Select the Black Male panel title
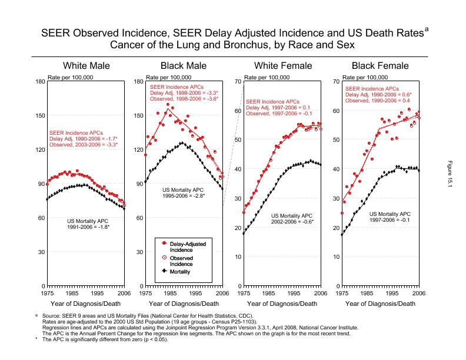pyautogui.click(x=184, y=66)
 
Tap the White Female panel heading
pyautogui.click(x=282, y=66)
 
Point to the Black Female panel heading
pyautogui.click(x=381, y=66)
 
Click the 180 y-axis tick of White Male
pyautogui.click(x=40, y=81)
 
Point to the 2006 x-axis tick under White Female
pyautogui.click(x=320, y=292)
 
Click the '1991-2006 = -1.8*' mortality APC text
pyautogui.click(x=92, y=226)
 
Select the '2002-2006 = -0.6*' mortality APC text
pyautogui.click(x=292, y=222)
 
